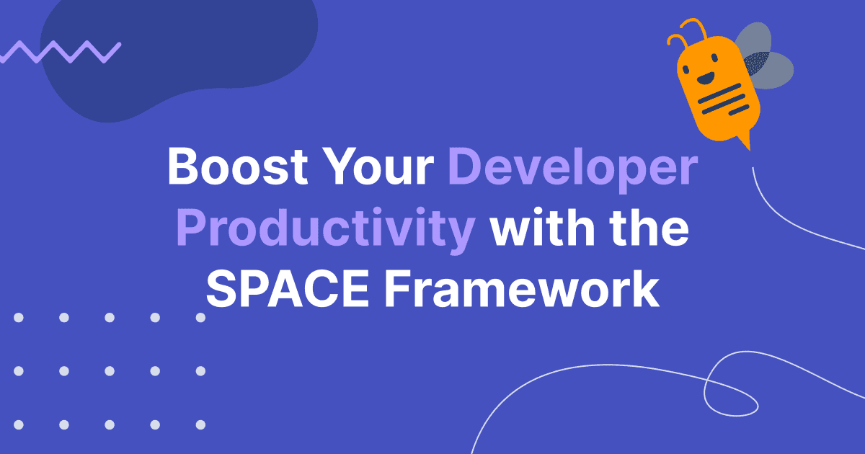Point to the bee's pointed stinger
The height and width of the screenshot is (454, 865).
(745, 141)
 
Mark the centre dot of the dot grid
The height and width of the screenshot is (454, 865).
(110, 371)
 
